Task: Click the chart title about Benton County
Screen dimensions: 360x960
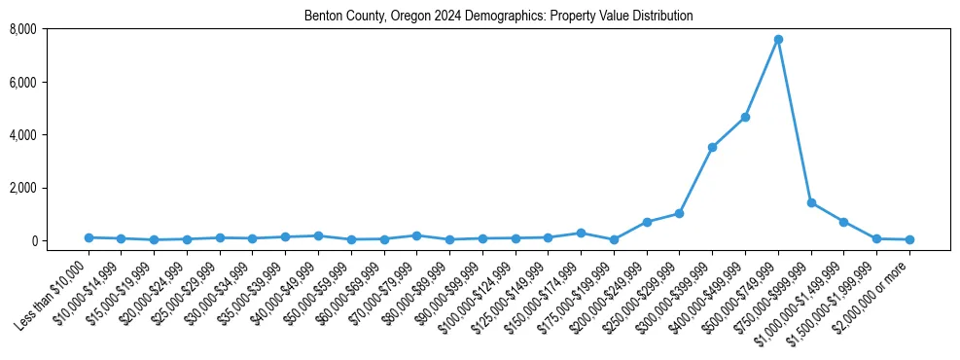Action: tap(498, 16)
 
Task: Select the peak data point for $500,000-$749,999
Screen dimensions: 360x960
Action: tap(778, 40)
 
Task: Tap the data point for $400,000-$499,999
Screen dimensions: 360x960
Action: tap(745, 117)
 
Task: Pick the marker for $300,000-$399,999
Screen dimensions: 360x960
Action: tap(712, 147)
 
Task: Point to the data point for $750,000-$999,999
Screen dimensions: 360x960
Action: tap(811, 202)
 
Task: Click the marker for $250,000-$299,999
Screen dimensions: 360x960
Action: tap(679, 213)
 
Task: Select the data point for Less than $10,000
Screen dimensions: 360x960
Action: tap(89, 237)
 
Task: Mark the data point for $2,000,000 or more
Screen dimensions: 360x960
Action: tap(909, 239)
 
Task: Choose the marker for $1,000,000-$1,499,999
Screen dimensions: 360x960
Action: tap(843, 222)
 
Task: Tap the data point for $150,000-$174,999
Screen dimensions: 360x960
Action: tap(581, 233)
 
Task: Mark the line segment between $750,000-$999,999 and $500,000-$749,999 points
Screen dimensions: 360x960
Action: tap(795, 122)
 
